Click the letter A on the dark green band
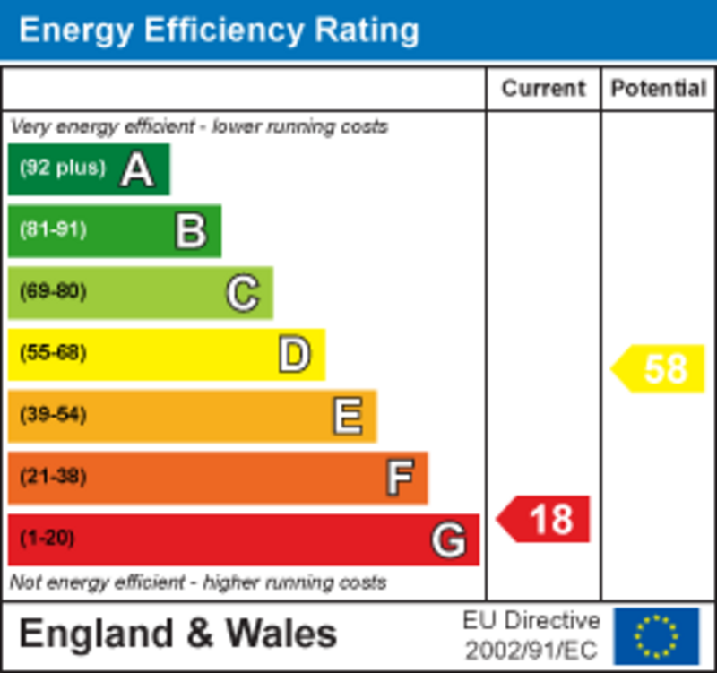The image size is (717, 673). coord(136,168)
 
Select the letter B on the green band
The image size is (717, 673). coord(191,230)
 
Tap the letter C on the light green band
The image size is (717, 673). coord(242,292)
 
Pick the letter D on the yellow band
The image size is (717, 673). coord(294,354)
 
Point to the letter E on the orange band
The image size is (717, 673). coord(347,416)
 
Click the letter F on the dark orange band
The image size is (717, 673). coord(400,478)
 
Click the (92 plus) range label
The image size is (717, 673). coord(63,168)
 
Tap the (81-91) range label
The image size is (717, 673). coord(53,230)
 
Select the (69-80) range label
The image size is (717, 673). coord(53,292)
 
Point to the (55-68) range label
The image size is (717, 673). coord(53,354)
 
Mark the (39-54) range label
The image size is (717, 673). coord(53,416)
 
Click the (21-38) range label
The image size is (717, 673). coord(53,478)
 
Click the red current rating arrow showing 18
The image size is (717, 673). coord(544,519)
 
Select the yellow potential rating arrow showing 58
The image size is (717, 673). coord(659,368)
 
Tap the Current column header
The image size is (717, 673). coord(543,89)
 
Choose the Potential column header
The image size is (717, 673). coord(659,89)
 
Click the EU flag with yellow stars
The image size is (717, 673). coord(656,635)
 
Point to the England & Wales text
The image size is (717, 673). coord(177,634)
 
